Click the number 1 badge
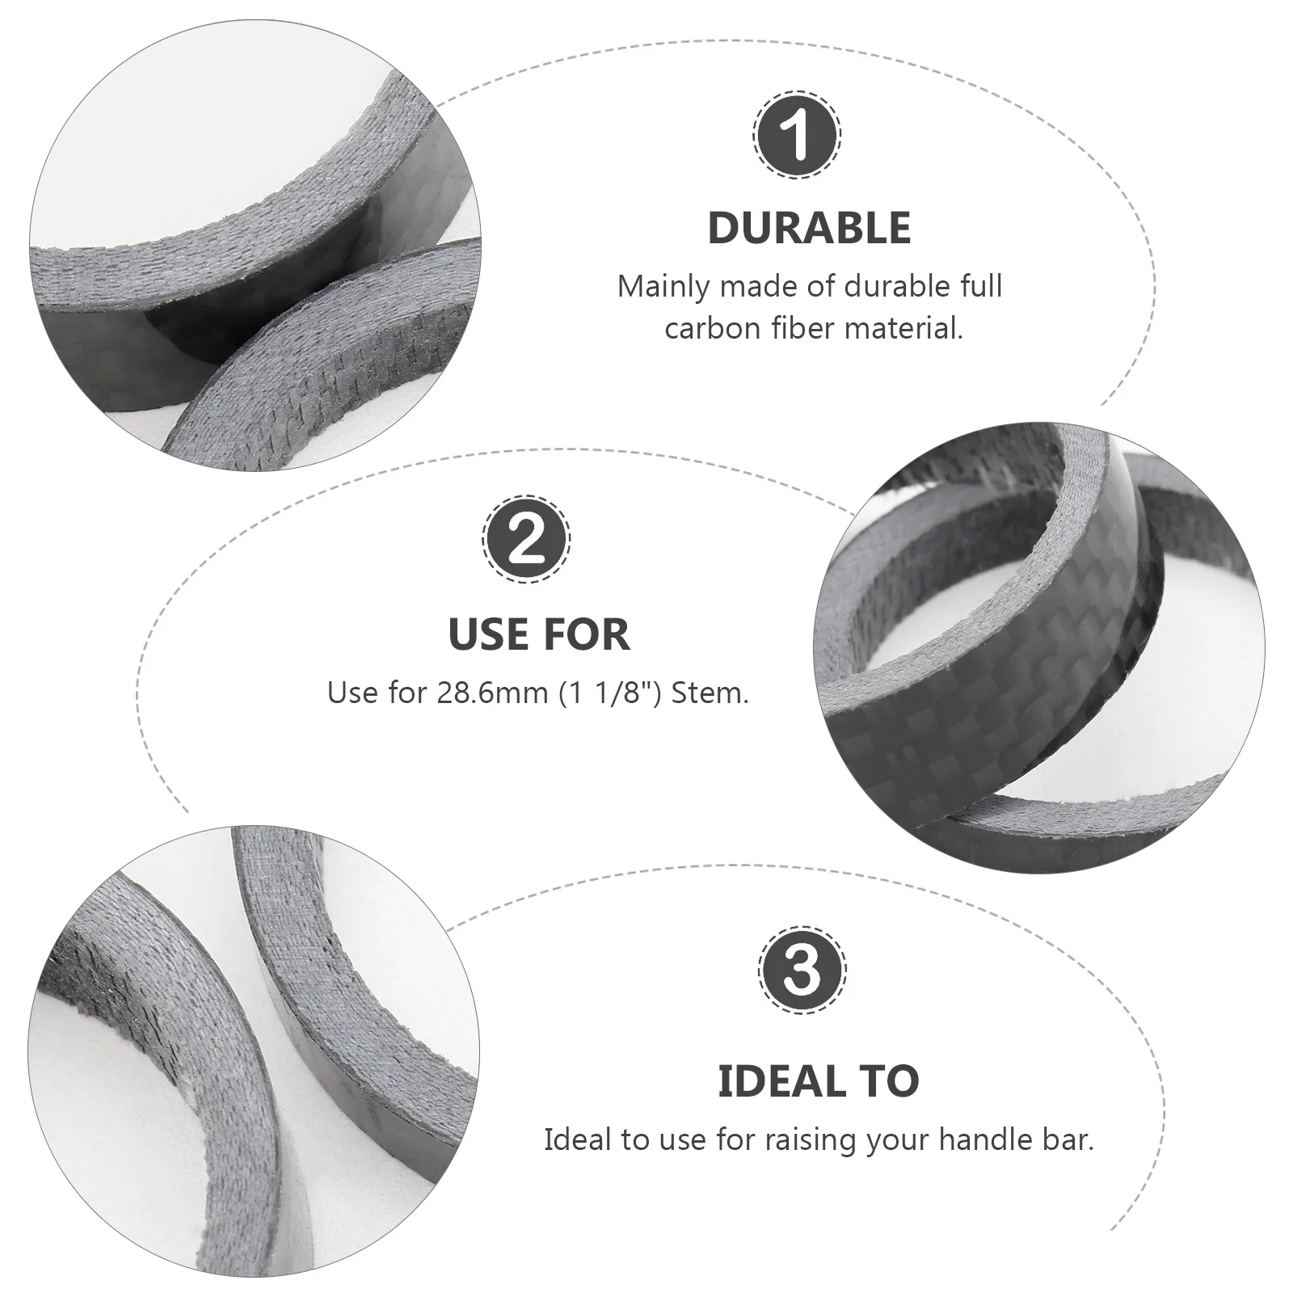[x=798, y=134]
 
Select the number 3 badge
[x=803, y=969]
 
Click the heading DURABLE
[x=809, y=228]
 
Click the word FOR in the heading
[x=588, y=634]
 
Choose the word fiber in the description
[x=797, y=329]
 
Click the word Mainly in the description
[x=663, y=287]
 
